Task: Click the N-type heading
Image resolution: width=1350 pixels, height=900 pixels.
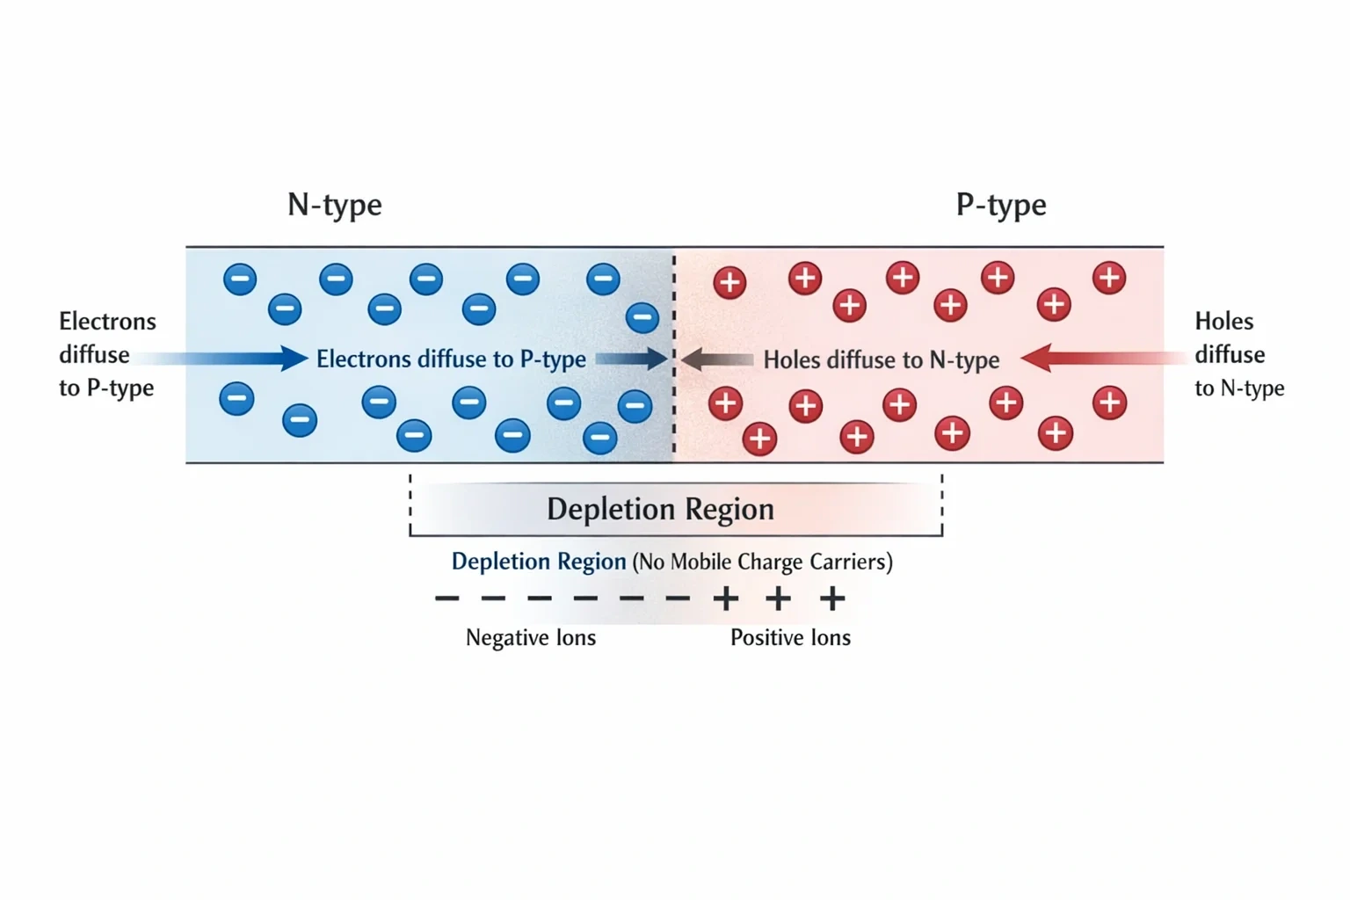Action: coord(335,206)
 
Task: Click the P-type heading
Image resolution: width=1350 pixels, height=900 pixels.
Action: coord(1001,206)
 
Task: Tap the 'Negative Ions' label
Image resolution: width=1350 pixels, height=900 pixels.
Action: coord(530,638)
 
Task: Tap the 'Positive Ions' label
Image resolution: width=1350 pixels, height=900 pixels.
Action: coord(790,638)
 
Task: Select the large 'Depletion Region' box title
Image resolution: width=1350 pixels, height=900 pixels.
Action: coord(661,510)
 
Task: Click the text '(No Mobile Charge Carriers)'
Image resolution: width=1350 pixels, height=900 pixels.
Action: coord(762,562)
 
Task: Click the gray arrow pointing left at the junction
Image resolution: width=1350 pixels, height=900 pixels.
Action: coord(717,359)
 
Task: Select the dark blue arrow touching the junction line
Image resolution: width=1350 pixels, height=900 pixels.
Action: coord(632,359)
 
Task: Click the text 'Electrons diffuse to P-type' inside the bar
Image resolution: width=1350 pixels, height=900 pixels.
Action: coord(451,359)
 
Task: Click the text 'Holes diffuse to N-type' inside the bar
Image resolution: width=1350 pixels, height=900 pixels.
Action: coord(882,360)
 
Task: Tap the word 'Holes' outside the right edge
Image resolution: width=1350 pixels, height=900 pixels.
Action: coord(1224,322)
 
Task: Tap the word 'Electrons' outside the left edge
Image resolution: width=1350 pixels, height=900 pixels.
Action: coord(107,322)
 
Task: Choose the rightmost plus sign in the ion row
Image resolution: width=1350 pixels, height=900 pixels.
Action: coord(832,599)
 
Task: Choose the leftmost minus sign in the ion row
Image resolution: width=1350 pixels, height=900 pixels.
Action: coord(447,599)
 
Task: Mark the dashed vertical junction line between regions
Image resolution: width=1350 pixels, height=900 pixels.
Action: coord(674,354)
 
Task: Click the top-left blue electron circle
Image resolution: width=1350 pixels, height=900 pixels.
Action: coord(240,279)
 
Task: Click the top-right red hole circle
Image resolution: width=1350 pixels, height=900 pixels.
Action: coord(1109,278)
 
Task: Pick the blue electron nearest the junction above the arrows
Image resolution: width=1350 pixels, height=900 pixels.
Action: coord(642,317)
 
